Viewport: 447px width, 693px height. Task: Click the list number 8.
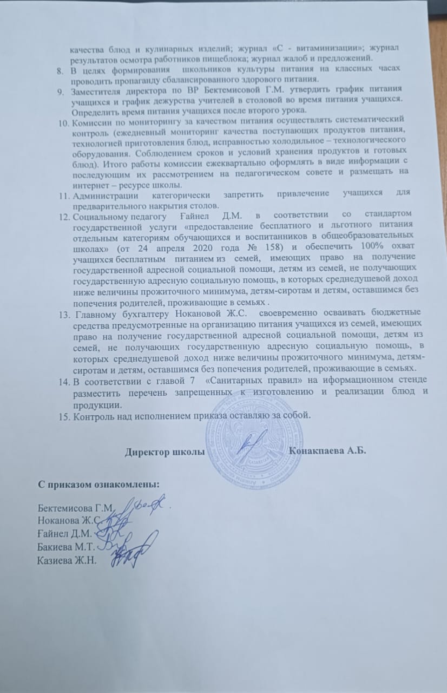click(x=61, y=70)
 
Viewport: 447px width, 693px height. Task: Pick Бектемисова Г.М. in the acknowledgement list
click(x=74, y=508)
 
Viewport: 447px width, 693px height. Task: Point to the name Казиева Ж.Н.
click(x=66, y=560)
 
